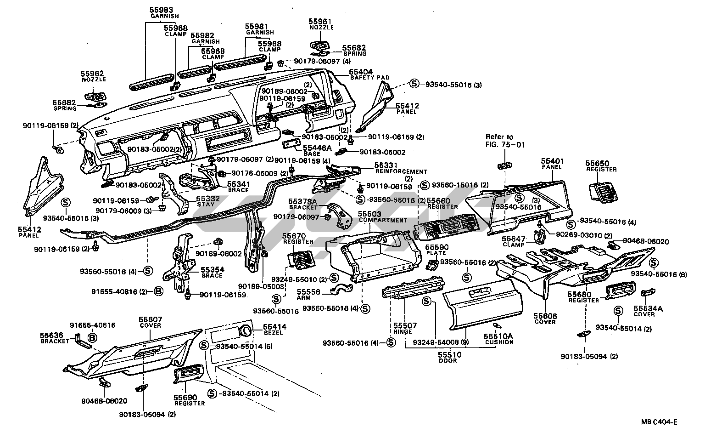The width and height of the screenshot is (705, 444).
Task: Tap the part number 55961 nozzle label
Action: coord(320,22)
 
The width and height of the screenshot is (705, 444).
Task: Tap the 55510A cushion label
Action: coord(498,336)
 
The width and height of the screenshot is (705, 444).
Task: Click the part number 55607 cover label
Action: coord(151,319)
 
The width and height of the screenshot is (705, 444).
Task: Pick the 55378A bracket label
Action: coord(302,201)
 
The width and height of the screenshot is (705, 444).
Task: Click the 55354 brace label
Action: coord(210,269)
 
